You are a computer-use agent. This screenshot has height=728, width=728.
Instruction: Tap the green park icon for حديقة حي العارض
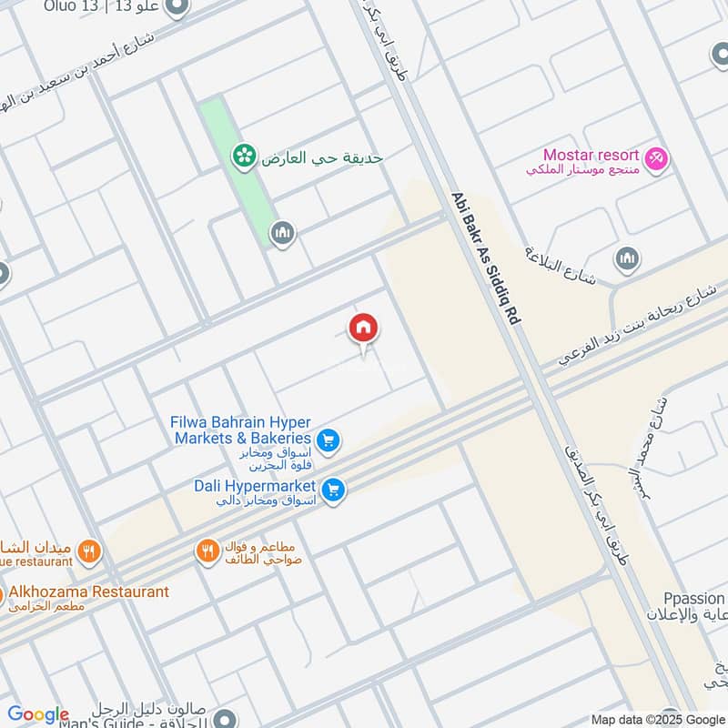click(243, 157)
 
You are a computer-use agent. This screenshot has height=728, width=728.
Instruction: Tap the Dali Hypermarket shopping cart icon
click(334, 490)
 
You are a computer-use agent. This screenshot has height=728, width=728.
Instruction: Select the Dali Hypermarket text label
click(254, 485)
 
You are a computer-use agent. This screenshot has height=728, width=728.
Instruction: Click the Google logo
click(38, 714)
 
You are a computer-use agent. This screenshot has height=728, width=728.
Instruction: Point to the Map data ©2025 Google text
click(658, 719)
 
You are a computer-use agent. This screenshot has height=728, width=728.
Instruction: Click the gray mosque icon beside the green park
click(283, 234)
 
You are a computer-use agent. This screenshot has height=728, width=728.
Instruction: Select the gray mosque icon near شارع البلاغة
click(627, 259)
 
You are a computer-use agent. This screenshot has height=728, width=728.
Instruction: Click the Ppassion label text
click(693, 599)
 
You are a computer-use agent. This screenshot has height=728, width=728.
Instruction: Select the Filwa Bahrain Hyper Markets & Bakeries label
click(241, 430)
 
